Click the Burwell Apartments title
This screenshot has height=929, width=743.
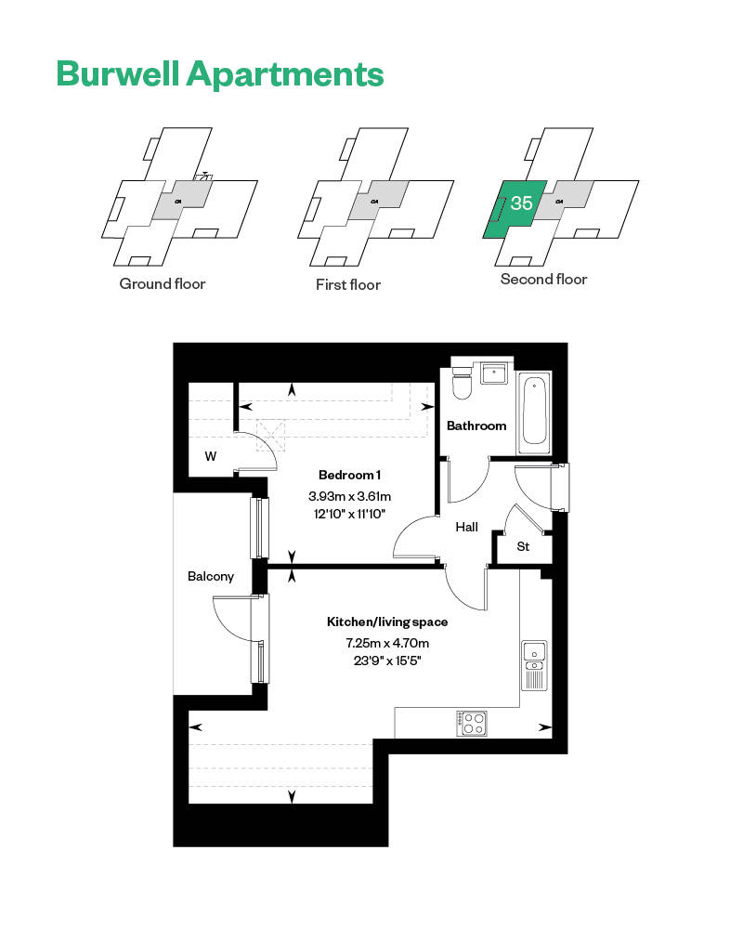pos(220,74)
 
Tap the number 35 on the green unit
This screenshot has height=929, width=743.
pos(521,203)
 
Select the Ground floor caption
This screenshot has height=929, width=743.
pos(163,283)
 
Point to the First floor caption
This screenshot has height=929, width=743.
pos(348,285)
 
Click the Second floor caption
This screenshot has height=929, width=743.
pos(544,279)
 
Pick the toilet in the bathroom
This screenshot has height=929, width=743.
pos(461,382)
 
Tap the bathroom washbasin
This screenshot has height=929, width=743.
pos(494,373)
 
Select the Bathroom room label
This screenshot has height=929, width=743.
pos(476,425)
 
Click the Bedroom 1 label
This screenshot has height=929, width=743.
pos(349,475)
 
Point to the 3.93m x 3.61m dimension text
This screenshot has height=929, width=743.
pos(349,496)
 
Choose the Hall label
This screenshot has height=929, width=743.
pos(467,527)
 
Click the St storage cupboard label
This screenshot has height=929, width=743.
pos(523,546)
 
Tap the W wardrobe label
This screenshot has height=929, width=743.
pos(210,456)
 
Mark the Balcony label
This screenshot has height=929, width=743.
pos(210,577)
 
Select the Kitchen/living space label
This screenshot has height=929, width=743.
pos(387,622)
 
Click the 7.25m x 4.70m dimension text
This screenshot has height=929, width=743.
pos(387,643)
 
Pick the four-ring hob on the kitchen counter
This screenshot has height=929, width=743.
pos(472,724)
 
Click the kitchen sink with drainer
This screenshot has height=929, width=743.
pos(534,665)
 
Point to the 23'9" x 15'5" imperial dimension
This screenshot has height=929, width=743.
pos(387,661)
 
